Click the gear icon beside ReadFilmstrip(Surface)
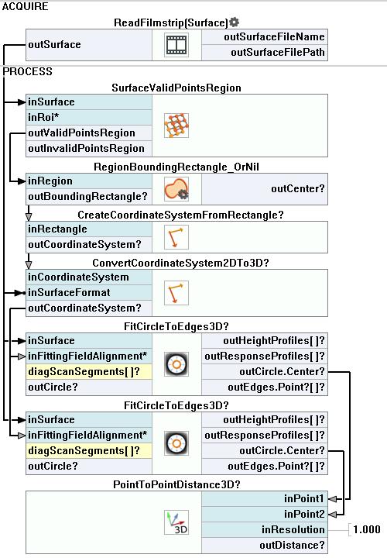pos(234,22)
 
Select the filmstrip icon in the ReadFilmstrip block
pos(176,45)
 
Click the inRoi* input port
pos(89,118)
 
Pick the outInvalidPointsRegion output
pos(89,148)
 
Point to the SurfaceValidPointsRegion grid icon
pos(176,126)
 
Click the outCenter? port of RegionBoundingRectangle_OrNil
pos(265,188)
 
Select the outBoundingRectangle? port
pos(89,196)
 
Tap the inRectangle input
pos(89,229)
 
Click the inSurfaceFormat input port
pos(89,292)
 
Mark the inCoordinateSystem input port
pos(89,277)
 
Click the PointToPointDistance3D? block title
pos(176,484)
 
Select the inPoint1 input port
pos(265,498)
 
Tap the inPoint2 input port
pos(265,514)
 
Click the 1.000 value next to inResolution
pos(366,529)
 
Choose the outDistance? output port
pos(265,545)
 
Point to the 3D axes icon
pos(176,522)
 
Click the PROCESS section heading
pos(27,71)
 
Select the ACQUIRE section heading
pos(26,6)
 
